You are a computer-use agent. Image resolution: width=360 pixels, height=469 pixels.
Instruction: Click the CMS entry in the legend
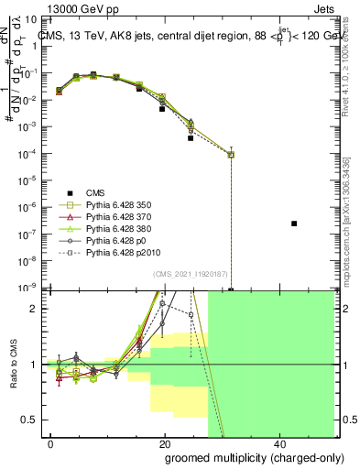tap(96, 192)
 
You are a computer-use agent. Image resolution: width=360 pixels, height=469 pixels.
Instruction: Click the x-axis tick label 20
tap(165, 442)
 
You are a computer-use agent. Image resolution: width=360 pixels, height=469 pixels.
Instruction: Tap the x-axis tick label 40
tap(278, 442)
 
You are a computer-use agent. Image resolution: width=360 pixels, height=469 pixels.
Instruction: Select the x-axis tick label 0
tap(51, 442)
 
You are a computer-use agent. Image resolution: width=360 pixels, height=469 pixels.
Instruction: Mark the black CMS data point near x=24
tap(191, 137)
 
